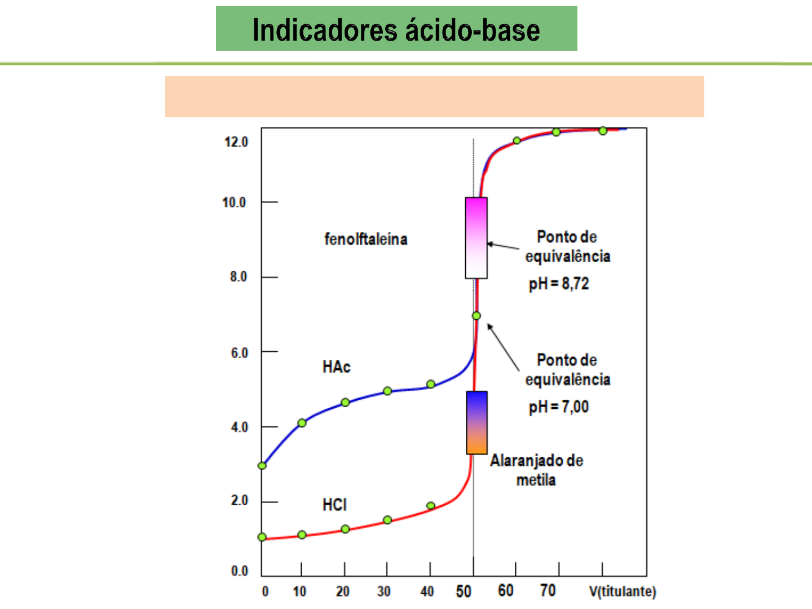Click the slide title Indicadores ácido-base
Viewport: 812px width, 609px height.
tap(396, 30)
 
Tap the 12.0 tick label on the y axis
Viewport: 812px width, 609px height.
tap(236, 142)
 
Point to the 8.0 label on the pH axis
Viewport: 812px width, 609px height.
tap(238, 277)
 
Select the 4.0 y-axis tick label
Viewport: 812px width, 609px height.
tap(239, 427)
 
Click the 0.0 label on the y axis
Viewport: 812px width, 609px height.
tap(239, 571)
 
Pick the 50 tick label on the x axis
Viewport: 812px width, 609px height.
tap(464, 591)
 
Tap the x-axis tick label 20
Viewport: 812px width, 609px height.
tap(343, 592)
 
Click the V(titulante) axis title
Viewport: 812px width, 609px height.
tap(623, 592)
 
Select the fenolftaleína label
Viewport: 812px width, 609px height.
tap(365, 239)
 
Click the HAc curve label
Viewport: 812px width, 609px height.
tap(336, 367)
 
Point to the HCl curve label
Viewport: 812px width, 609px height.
tap(334, 505)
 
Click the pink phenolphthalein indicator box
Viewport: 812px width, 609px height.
tap(476, 237)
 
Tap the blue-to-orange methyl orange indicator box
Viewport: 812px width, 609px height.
tap(476, 422)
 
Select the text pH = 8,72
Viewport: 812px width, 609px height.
tap(558, 284)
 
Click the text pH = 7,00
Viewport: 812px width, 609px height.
tap(558, 407)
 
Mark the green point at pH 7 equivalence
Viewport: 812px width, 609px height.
tap(476, 316)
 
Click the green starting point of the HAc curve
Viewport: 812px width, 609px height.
tap(262, 466)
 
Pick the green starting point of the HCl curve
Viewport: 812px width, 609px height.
tap(262, 537)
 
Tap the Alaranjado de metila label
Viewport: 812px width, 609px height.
tap(536, 470)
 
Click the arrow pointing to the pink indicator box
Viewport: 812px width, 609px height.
tap(503, 246)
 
